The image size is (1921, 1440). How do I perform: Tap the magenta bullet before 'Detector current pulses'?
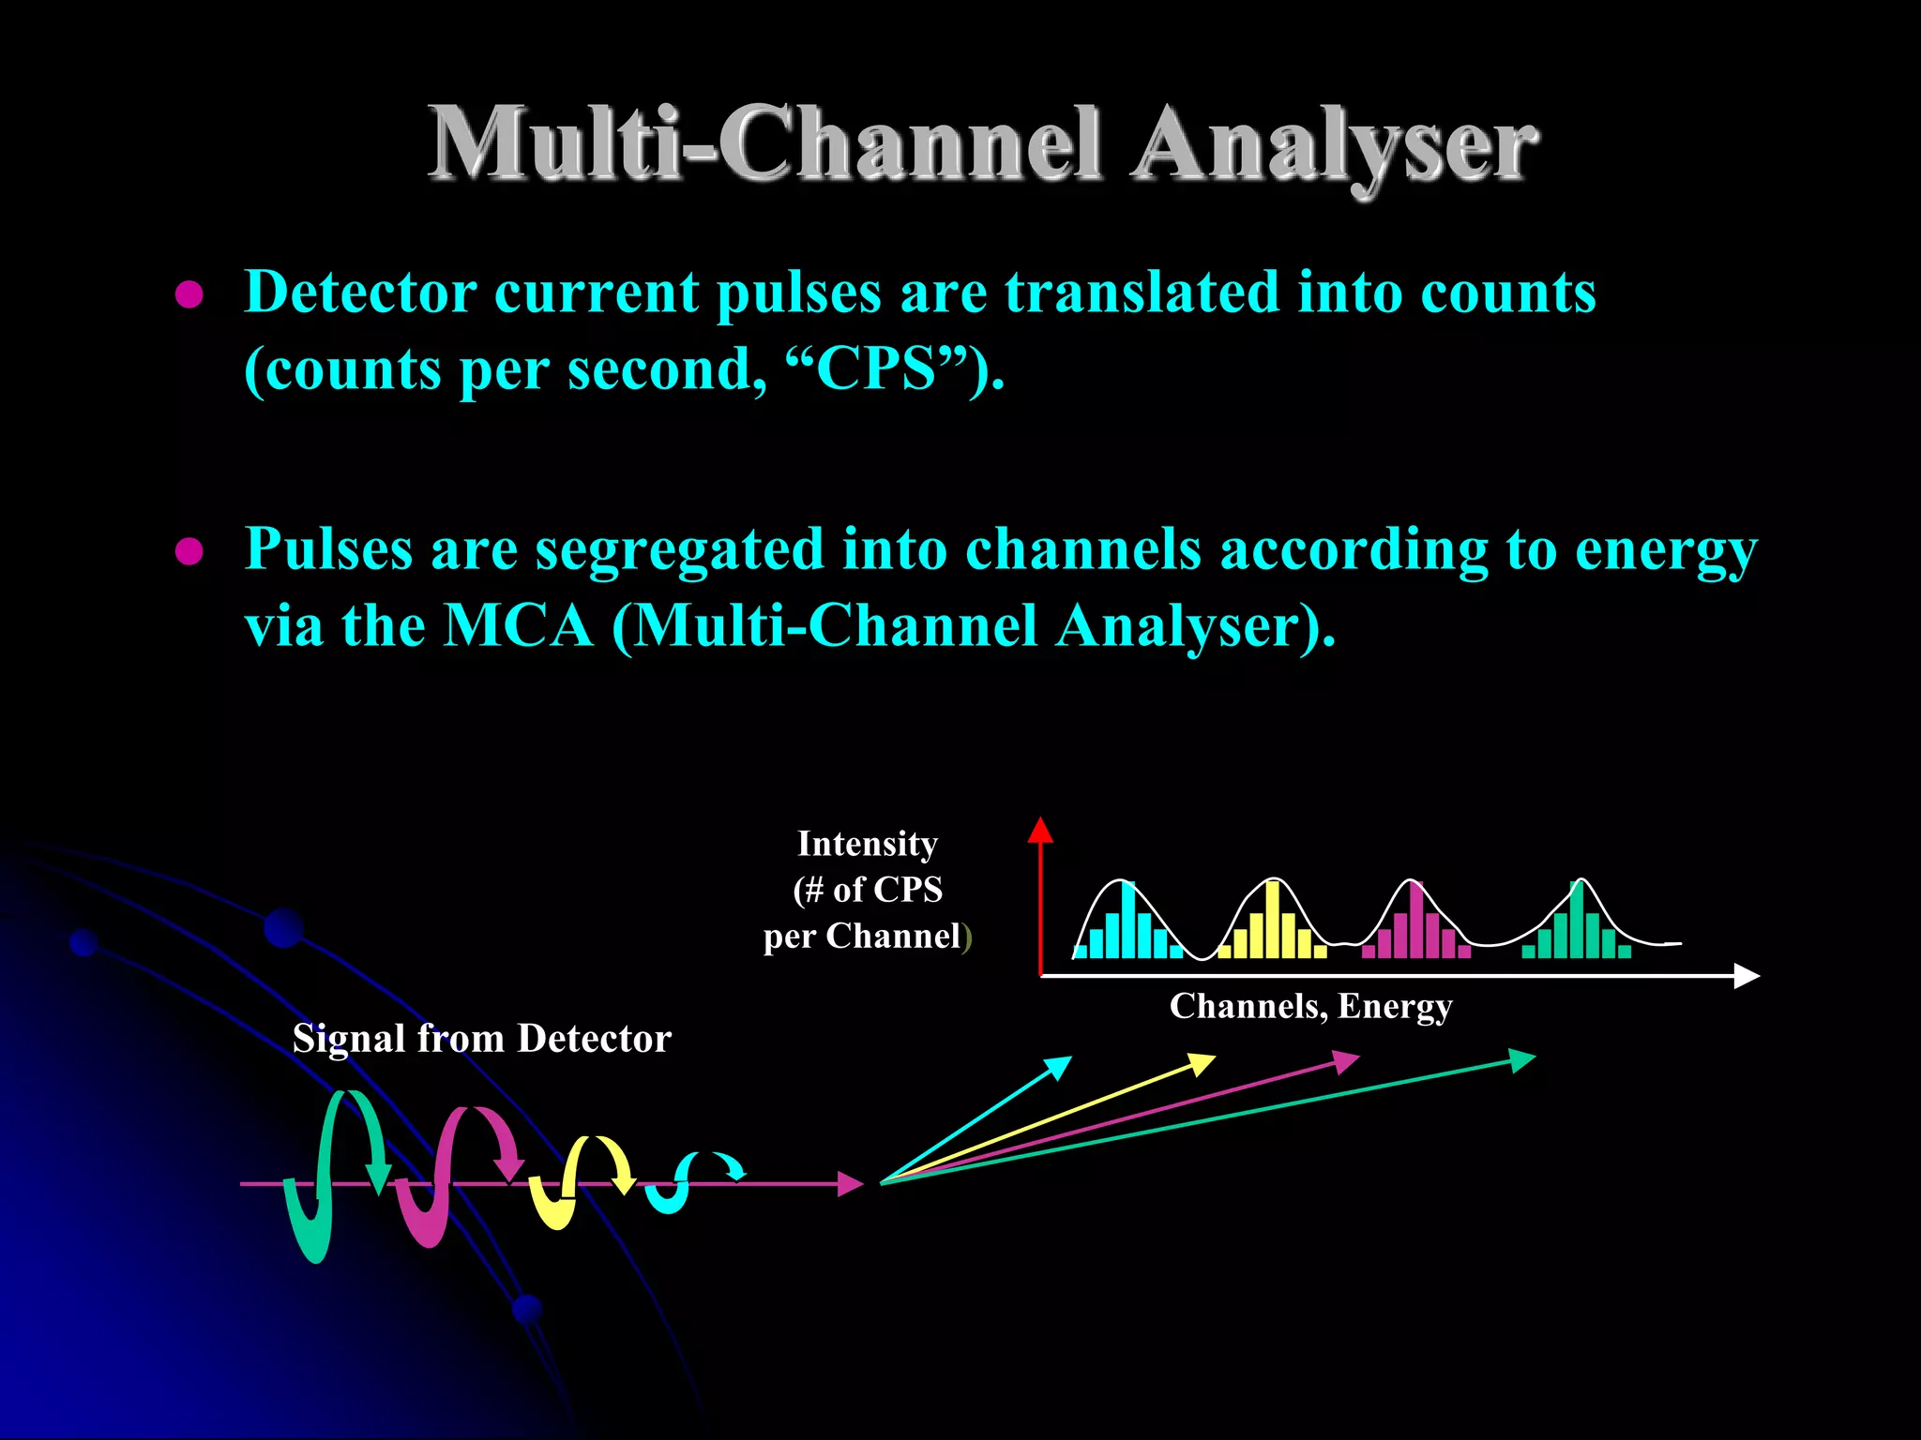click(189, 295)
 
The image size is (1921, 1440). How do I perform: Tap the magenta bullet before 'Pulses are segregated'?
click(189, 552)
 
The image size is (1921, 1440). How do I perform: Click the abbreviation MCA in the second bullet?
click(518, 625)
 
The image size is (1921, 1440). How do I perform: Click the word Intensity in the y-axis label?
click(867, 844)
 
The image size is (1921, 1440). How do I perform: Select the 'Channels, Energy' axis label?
click(1310, 1006)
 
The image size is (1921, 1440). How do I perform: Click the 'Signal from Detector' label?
click(481, 1039)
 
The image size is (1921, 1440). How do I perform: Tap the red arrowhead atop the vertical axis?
click(1040, 831)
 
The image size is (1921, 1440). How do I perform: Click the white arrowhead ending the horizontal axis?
click(1746, 976)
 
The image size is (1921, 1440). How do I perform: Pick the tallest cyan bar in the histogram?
click(1128, 921)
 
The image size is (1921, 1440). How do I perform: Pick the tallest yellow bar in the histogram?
click(1273, 921)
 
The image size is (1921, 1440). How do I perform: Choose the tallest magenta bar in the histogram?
click(1416, 921)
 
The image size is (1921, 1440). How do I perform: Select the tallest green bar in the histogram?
click(1577, 921)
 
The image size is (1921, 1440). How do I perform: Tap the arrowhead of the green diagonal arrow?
click(1521, 1061)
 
